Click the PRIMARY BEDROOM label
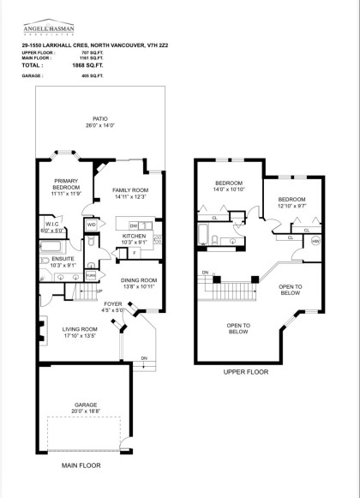click(66, 185)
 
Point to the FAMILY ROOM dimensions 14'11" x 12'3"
click(131, 198)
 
